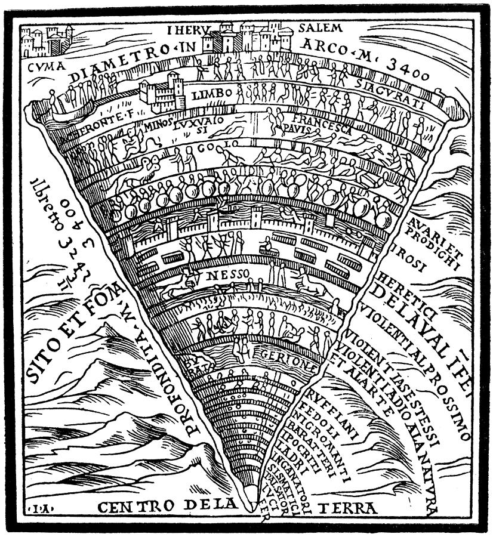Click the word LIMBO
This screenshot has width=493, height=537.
(207, 95)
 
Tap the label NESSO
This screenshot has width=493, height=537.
(222, 276)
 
